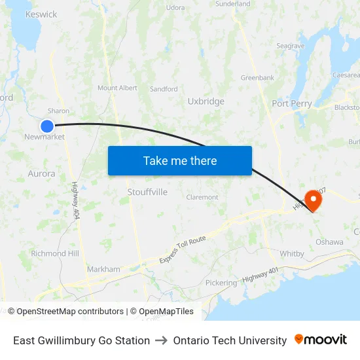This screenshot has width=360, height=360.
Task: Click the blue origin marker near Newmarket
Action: pos(47,126)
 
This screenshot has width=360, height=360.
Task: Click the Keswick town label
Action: pos(41,14)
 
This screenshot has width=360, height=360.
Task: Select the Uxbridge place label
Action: pos(206,101)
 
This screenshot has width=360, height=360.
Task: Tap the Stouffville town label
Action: pos(147,192)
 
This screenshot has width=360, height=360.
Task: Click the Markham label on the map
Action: pos(103,269)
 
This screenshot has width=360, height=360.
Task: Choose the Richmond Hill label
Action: pos(55,253)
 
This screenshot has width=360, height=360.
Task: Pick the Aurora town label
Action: pos(41,173)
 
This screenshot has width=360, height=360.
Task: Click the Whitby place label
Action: pos(292,253)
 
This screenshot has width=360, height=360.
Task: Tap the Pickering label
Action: pos(221,283)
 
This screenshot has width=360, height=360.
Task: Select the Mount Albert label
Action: pos(117,88)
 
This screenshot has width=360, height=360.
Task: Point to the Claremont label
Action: pos(202,197)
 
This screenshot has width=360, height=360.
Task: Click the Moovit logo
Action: pos(321,340)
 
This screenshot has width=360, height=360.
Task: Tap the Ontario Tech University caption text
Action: pos(230,340)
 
